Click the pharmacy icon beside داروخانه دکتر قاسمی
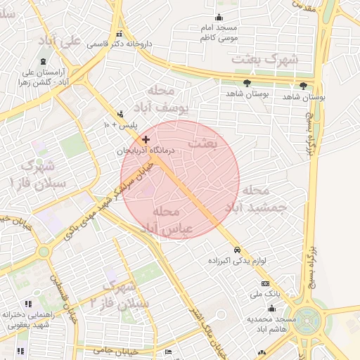tap(119, 34)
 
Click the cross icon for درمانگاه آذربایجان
tap(146, 141)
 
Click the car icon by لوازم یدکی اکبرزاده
tap(238, 250)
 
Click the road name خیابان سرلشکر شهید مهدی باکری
tap(101, 204)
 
